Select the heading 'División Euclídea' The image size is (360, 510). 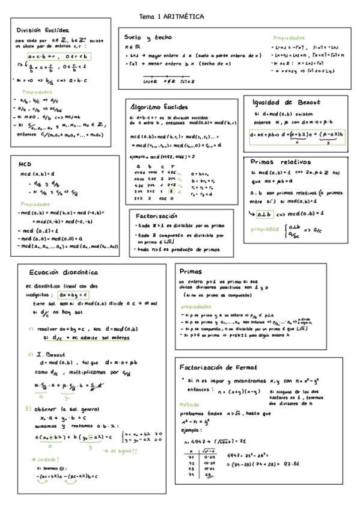click(x=42, y=29)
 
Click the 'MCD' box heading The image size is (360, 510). click(x=25, y=163)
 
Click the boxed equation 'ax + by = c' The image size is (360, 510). click(x=74, y=296)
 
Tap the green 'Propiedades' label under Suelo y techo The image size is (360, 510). click(x=288, y=37)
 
